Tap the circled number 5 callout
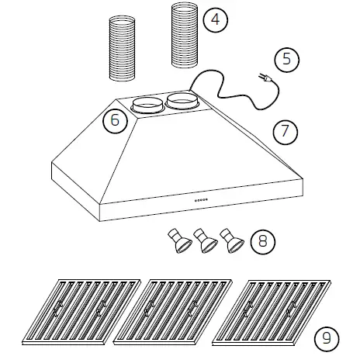click(x=287, y=61)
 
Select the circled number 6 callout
click(x=115, y=120)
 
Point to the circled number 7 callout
click(x=285, y=130)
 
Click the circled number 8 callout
click(x=264, y=241)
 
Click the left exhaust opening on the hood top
click(x=145, y=104)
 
